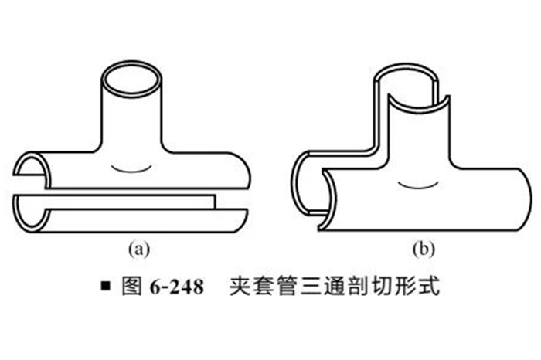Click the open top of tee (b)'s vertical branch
[410, 85]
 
